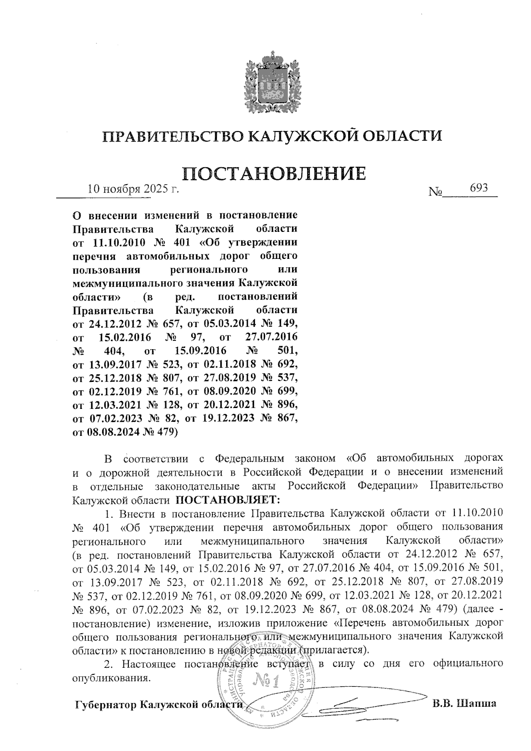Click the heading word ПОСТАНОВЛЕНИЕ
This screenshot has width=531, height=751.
click(274, 173)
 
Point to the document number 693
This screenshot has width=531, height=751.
click(479, 188)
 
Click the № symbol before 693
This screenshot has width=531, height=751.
click(436, 192)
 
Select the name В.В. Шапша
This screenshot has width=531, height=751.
click(464, 704)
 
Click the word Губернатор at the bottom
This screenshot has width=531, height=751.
click(105, 705)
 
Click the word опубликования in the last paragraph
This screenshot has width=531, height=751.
click(109, 678)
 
